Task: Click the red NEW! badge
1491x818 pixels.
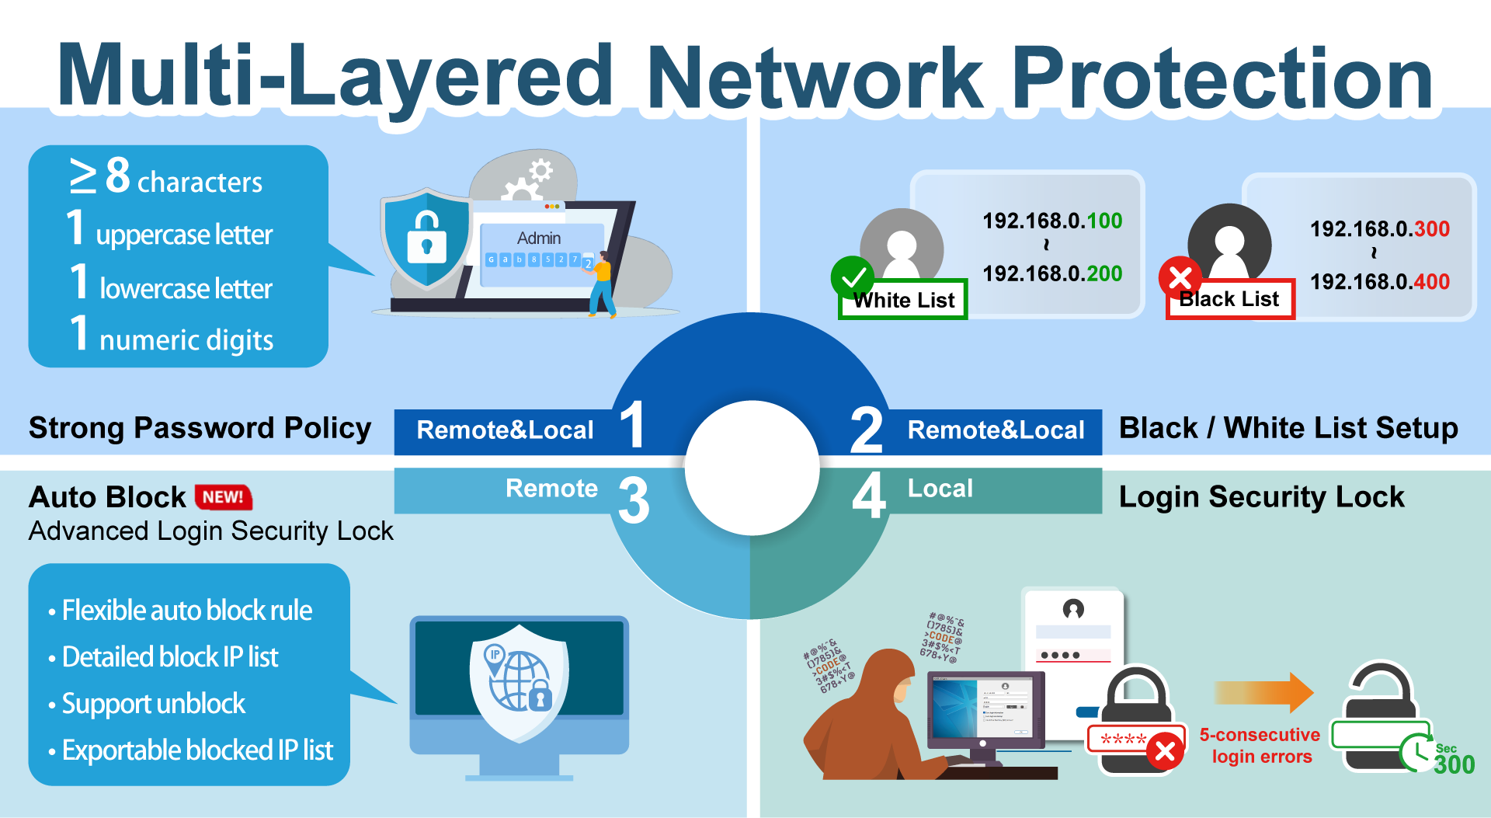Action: [x=223, y=497]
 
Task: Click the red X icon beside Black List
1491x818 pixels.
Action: [x=1180, y=277]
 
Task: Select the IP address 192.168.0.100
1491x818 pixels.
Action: [x=1052, y=221]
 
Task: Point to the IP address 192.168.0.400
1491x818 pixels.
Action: [x=1380, y=282]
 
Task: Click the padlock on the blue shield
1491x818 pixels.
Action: [x=426, y=236]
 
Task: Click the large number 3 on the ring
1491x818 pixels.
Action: [x=634, y=500]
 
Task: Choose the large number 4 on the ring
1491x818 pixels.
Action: [x=869, y=496]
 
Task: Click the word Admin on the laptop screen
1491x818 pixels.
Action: [x=539, y=238]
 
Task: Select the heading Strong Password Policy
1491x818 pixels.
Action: [x=200, y=428]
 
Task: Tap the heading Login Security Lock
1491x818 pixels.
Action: [x=1261, y=497]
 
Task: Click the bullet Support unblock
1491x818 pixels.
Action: [x=153, y=704]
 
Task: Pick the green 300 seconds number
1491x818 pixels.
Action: [x=1454, y=764]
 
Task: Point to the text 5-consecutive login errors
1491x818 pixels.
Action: [x=1260, y=746]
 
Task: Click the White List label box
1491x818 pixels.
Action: [x=903, y=300]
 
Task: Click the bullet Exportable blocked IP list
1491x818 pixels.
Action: [x=197, y=750]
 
